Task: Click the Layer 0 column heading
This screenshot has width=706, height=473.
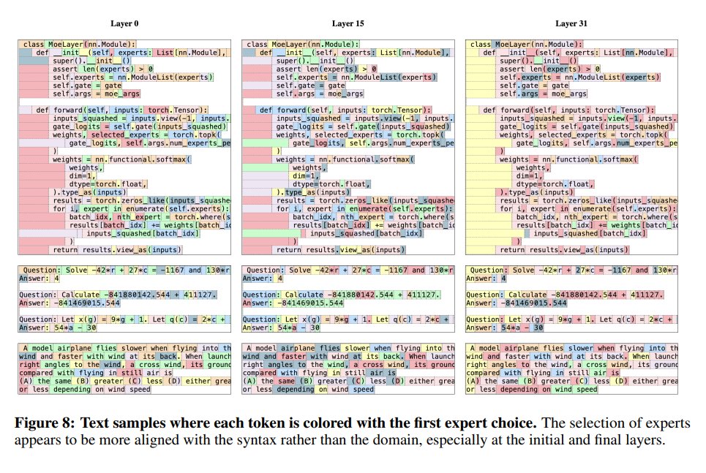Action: click(123, 24)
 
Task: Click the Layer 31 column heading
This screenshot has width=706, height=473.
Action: click(571, 24)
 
